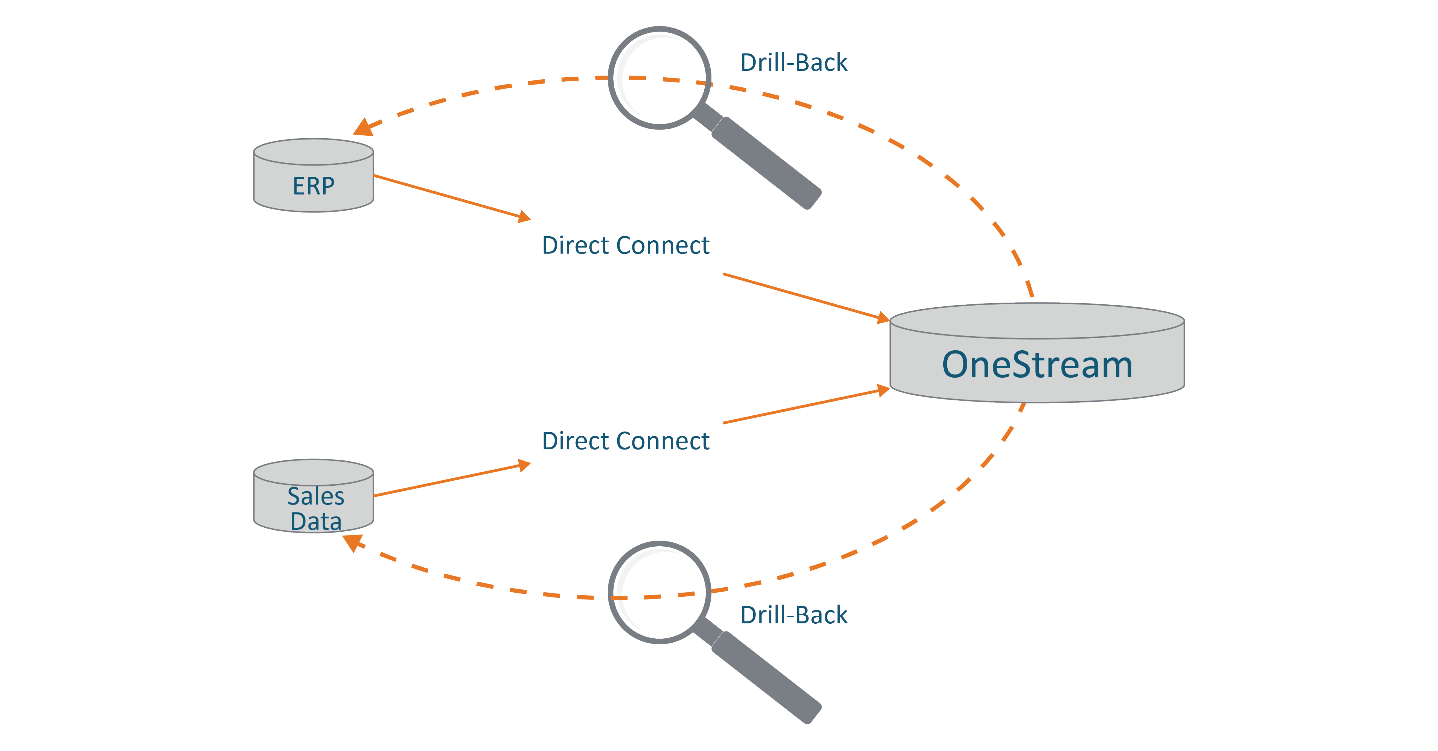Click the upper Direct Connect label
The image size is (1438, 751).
coord(625,245)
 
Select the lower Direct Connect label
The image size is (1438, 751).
coord(625,441)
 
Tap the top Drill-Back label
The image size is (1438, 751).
coord(793,62)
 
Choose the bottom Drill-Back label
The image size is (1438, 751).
coord(793,615)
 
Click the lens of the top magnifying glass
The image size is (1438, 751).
coord(659,78)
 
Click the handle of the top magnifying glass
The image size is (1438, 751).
coord(765,162)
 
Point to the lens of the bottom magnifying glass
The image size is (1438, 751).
coord(659,593)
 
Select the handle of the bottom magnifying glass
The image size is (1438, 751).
coord(765,676)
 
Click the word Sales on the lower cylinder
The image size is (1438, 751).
coord(315,496)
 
